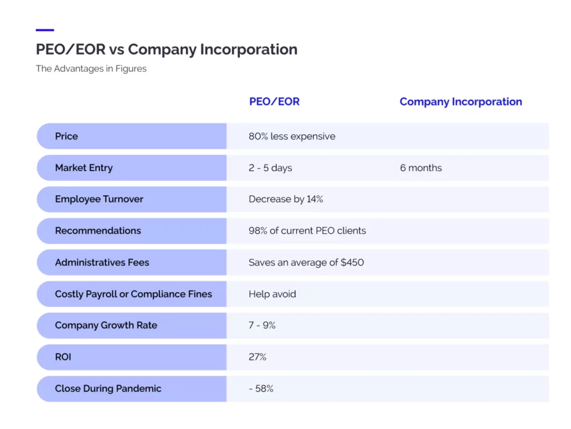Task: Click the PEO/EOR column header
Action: tap(274, 102)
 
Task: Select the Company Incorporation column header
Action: tap(461, 102)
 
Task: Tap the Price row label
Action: tap(66, 136)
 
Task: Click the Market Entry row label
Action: tap(84, 168)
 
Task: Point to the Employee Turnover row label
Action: tap(99, 199)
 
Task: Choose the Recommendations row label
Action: tap(98, 230)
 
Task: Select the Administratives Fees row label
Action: tap(102, 262)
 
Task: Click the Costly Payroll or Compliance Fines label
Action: tap(133, 294)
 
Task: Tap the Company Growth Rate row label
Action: tap(106, 325)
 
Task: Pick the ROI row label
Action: tap(63, 357)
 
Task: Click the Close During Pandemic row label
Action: tap(108, 389)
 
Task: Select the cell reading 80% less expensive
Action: tap(292, 136)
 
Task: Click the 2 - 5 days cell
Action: tap(270, 168)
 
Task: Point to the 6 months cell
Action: tap(420, 168)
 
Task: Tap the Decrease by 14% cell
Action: tap(285, 199)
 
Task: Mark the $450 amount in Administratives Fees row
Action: tap(352, 262)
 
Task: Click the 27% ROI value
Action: tap(257, 357)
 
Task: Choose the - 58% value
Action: tap(261, 389)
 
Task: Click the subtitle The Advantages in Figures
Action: tap(91, 69)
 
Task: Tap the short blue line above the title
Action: tap(45, 30)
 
